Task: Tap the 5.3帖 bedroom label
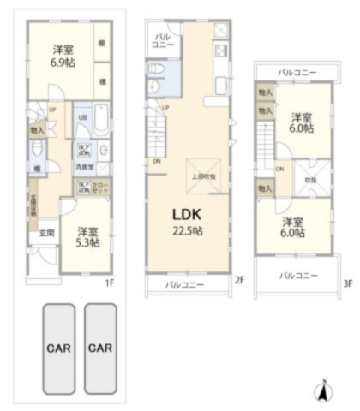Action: [87, 237]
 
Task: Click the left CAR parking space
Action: [57, 348]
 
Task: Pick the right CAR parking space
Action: [100, 348]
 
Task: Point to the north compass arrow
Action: [324, 392]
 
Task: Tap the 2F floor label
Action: [239, 278]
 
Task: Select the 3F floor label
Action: [347, 283]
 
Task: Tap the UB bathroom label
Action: [82, 117]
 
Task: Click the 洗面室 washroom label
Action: [85, 167]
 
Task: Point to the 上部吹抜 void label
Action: [203, 176]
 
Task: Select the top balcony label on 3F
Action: [297, 73]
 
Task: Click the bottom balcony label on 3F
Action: [298, 276]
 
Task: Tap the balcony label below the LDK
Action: [184, 283]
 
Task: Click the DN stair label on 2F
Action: [157, 161]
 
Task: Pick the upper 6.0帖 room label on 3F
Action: [300, 122]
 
